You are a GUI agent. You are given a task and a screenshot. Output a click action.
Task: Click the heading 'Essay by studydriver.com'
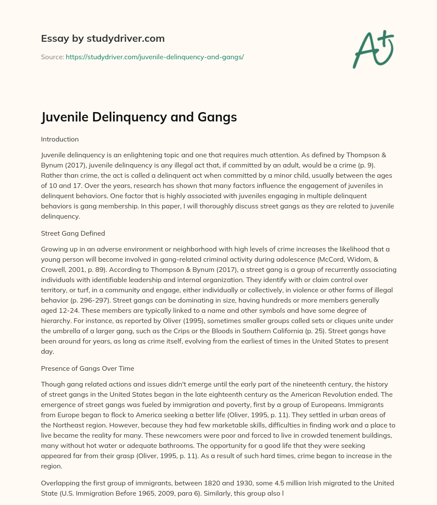(103, 39)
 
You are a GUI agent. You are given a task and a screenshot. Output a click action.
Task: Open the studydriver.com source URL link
(154, 57)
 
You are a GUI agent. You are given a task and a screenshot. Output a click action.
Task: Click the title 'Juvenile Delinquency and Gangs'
(139, 116)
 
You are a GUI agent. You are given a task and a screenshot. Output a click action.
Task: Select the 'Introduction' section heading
(60, 139)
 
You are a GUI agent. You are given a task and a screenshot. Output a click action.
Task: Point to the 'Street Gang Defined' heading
(73, 233)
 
